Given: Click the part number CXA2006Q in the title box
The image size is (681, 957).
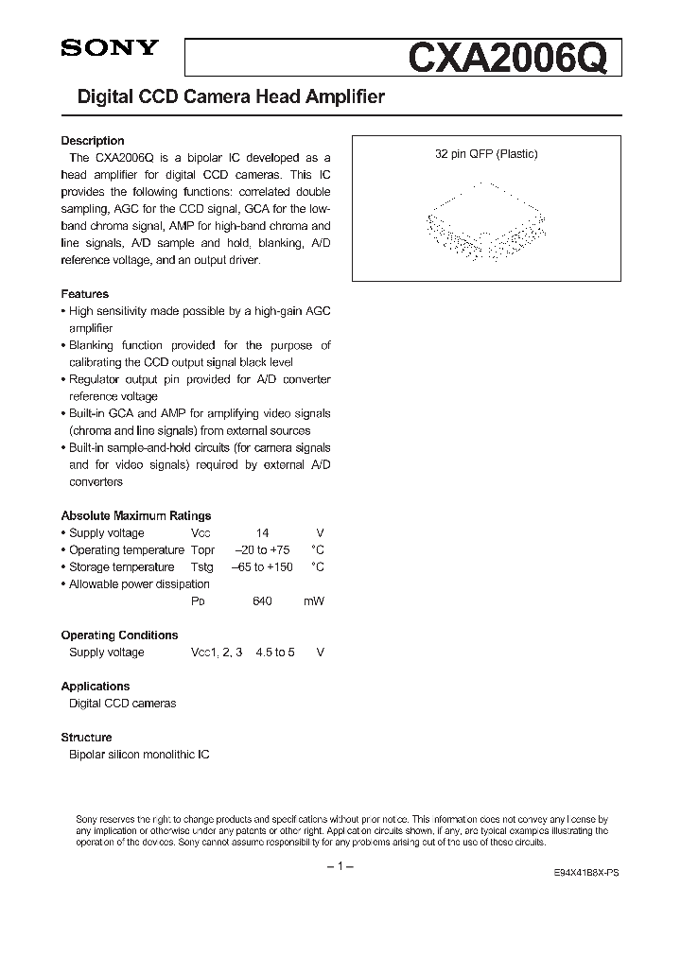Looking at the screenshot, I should pyautogui.click(x=514, y=58).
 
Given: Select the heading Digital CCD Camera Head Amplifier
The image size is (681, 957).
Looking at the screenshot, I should pyautogui.click(x=223, y=97).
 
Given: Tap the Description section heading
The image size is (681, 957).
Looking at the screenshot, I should pyautogui.click(x=93, y=141).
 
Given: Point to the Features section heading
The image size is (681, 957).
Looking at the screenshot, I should pyautogui.click(x=85, y=294).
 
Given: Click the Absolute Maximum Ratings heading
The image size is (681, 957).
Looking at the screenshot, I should pyautogui.click(x=136, y=515).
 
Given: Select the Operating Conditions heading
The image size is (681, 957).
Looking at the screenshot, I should pyautogui.click(x=119, y=635).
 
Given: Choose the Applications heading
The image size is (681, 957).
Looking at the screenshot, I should pyautogui.click(x=96, y=687).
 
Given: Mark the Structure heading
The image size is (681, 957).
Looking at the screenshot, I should pyautogui.click(x=86, y=738).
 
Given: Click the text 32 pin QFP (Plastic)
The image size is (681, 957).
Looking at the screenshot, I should pyautogui.click(x=486, y=154).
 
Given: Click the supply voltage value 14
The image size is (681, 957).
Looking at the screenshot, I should pyautogui.click(x=262, y=533).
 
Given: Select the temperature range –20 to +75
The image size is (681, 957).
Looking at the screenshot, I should pyautogui.click(x=262, y=550).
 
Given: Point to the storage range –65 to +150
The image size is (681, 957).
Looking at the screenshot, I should pyautogui.click(x=262, y=567).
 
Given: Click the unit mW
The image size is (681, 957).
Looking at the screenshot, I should pyautogui.click(x=313, y=601).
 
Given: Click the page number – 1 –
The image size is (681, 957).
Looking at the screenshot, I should pyautogui.click(x=340, y=867).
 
